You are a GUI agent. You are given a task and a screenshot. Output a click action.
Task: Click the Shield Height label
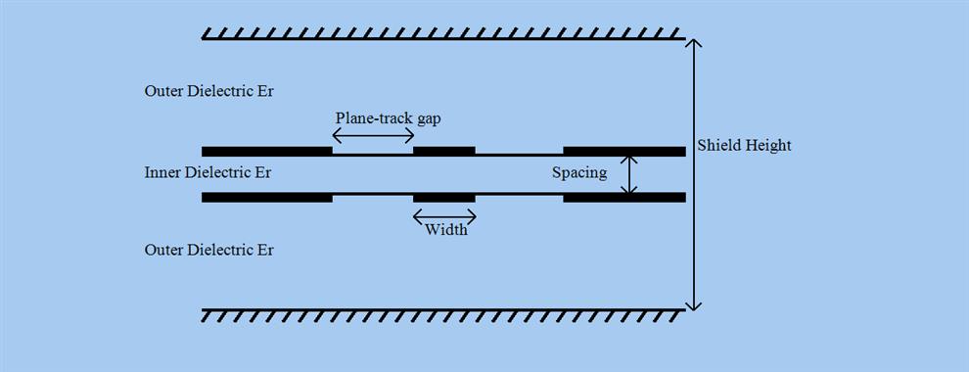click(x=744, y=146)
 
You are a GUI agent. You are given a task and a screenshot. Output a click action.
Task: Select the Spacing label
click(x=579, y=173)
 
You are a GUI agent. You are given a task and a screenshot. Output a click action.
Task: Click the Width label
click(x=445, y=230)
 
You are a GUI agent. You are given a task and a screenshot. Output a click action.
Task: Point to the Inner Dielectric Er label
click(x=208, y=172)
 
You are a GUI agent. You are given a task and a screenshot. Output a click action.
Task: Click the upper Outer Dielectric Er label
click(x=208, y=91)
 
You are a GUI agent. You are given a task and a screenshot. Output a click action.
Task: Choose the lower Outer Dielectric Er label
click(x=208, y=250)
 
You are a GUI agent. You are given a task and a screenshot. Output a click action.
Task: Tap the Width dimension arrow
click(x=444, y=215)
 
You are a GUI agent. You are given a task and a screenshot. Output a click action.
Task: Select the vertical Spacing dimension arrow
click(x=632, y=174)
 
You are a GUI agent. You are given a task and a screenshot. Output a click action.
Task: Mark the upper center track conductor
click(x=444, y=151)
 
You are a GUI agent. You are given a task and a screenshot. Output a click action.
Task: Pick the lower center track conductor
click(x=444, y=197)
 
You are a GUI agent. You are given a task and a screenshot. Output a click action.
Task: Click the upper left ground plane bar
click(x=267, y=151)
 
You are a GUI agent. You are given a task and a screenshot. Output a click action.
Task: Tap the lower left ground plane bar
click(x=267, y=197)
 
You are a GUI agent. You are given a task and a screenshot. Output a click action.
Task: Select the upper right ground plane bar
click(x=624, y=151)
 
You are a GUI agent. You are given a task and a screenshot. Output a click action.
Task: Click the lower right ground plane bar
click(x=624, y=197)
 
